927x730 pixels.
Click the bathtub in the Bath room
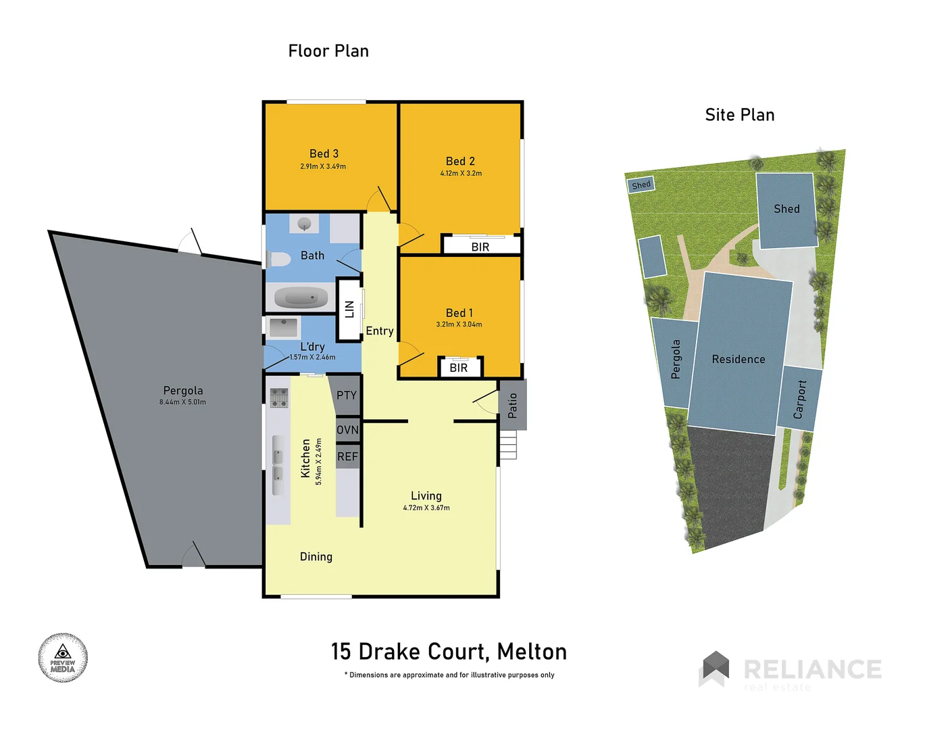pos(301,297)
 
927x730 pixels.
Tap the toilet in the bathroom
pos(278,259)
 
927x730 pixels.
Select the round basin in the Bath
pos(304,223)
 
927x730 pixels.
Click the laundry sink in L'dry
pos(284,328)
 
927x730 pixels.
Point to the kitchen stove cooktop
pos(278,398)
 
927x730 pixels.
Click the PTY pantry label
pos(347,395)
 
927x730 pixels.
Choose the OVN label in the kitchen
pos(347,430)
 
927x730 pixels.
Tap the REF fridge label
pos(347,457)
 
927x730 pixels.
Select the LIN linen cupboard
pos(349,310)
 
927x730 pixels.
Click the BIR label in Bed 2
pos(480,247)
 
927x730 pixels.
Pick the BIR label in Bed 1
pos(459,368)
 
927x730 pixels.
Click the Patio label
pos(513,405)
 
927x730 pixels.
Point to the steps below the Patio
pos(508,445)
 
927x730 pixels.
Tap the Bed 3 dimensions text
pos(323,166)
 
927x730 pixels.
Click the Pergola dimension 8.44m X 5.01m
pos(182,402)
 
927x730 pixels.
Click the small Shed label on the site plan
pos(641,185)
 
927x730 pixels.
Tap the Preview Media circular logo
pos(63,658)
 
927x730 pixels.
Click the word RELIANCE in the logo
pos(812,669)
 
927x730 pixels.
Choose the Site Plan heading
pos(740,115)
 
